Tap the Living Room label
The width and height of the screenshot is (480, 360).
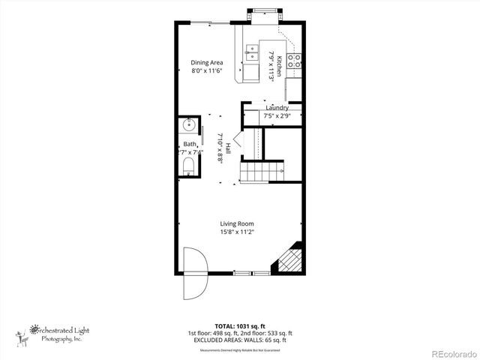click(x=236, y=223)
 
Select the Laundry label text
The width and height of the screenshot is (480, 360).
click(x=277, y=108)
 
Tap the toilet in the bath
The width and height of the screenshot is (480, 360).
click(x=188, y=166)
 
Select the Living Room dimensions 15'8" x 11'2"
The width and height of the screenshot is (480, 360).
click(x=236, y=232)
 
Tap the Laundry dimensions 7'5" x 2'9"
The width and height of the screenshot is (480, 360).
click(x=277, y=116)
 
